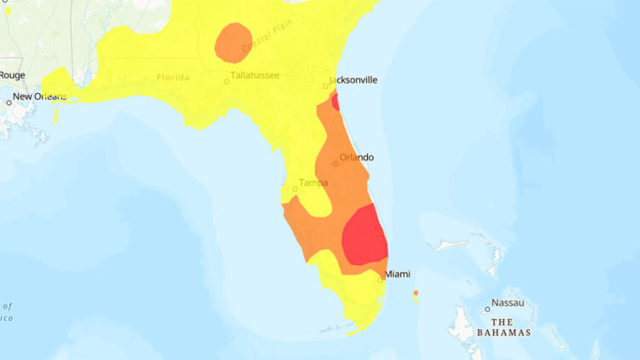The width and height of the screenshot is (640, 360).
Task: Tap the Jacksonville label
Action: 355,79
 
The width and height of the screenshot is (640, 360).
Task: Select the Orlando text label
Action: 357,158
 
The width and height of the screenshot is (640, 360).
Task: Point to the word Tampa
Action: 313,183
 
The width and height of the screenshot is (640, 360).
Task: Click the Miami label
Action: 398,274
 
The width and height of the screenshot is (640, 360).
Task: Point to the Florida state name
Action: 173,78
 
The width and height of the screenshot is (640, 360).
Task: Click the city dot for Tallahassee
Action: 227,82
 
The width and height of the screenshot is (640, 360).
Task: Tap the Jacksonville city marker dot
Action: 326,85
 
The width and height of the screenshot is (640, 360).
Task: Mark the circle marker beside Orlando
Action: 335,164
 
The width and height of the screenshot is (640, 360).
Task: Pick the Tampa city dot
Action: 295,189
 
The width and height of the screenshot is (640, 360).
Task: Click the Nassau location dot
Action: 487,309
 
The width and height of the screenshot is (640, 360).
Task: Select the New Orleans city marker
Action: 9,102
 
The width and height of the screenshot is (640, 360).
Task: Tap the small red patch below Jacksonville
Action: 335,102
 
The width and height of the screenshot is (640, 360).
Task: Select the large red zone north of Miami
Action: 365,236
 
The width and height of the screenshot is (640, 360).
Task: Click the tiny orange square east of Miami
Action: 416,293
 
